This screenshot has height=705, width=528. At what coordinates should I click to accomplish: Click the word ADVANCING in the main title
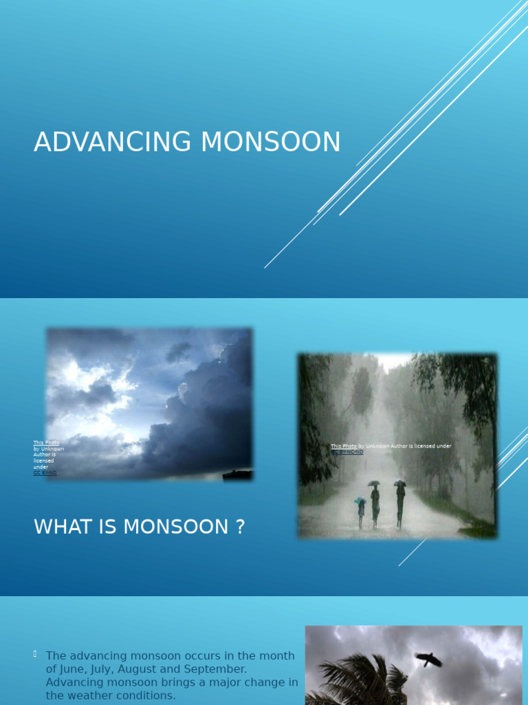tap(113, 142)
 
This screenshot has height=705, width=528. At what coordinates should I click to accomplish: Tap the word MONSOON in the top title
tap(270, 142)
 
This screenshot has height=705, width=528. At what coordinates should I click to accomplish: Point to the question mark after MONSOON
tap(240, 527)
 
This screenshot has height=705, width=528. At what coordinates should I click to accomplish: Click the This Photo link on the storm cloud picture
tap(46, 443)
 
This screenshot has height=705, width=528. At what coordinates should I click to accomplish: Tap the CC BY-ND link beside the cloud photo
tap(45, 473)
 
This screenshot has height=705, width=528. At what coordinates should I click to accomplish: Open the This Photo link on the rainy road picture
tap(344, 446)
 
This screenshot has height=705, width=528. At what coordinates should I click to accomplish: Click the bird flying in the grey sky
tap(428, 660)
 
